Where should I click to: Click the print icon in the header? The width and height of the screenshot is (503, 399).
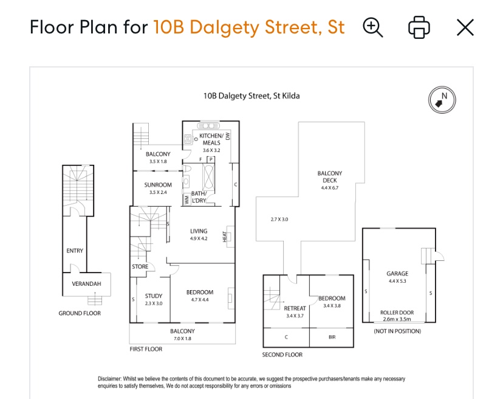(x=419, y=27)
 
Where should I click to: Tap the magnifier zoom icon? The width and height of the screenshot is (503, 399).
(x=373, y=27)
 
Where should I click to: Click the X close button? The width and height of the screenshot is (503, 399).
(x=465, y=27)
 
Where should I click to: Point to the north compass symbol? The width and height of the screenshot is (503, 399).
(x=442, y=100)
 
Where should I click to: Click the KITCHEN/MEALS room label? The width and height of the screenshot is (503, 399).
(x=211, y=139)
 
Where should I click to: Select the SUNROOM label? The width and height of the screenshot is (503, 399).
(x=158, y=185)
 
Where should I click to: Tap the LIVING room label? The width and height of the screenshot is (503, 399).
(x=199, y=231)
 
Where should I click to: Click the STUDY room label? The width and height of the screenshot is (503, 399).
(x=154, y=296)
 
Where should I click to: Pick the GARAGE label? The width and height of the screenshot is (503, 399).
(x=397, y=273)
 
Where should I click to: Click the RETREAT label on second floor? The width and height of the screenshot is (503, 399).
(x=295, y=308)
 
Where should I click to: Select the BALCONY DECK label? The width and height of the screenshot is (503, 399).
(x=330, y=176)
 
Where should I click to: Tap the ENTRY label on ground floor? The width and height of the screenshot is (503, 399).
(x=75, y=251)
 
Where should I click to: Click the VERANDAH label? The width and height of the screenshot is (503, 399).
(x=86, y=283)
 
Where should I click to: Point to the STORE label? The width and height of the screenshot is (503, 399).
(x=140, y=266)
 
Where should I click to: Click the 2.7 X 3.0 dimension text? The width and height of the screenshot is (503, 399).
(x=279, y=220)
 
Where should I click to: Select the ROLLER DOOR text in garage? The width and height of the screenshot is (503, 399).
(x=397, y=312)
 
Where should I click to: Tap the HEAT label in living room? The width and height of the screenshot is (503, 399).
(x=225, y=237)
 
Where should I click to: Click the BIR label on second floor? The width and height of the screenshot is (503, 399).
(x=332, y=337)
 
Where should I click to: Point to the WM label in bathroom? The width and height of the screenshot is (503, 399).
(x=186, y=200)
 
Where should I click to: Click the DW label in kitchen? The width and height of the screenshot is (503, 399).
(x=228, y=136)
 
